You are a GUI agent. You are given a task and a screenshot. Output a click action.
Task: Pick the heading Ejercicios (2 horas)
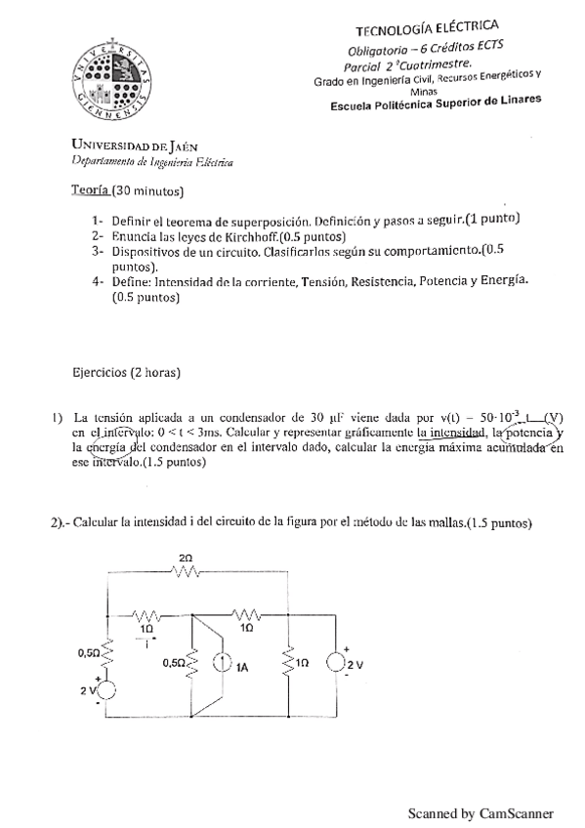pos(127,372)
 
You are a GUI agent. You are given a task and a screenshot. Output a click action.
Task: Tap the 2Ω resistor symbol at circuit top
pos(186,572)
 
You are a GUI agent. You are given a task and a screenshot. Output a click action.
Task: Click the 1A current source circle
pos(221,667)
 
